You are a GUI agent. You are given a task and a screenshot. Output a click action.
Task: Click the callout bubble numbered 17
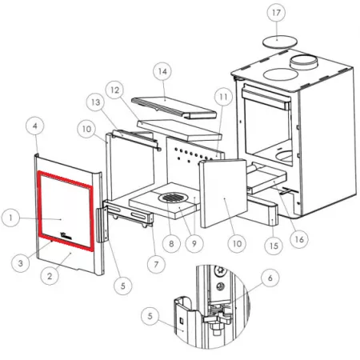(x=276, y=13)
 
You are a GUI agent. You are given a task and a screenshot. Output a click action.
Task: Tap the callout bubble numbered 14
(x=162, y=71)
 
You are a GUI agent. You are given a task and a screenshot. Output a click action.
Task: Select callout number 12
(x=115, y=90)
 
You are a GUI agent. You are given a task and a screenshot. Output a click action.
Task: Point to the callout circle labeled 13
(x=96, y=102)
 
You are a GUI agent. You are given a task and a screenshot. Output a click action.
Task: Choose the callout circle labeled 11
(x=223, y=97)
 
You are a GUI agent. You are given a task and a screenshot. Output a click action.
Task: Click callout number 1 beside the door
(x=10, y=218)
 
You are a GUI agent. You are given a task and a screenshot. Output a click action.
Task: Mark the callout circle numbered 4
(x=35, y=126)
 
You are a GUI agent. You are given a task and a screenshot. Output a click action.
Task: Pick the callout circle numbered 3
(x=21, y=263)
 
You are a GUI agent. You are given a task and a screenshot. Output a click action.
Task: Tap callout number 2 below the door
(x=50, y=276)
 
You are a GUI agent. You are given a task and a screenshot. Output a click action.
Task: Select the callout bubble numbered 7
(x=156, y=264)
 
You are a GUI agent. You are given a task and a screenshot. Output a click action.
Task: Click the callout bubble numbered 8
(x=171, y=243)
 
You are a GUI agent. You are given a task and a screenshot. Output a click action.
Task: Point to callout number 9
(x=194, y=243)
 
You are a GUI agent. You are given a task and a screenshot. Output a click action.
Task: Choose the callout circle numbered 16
(x=299, y=239)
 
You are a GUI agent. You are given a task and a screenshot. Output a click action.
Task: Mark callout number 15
(x=274, y=246)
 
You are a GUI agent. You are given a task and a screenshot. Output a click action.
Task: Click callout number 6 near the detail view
(x=270, y=278)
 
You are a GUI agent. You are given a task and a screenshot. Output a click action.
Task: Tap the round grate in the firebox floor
(x=174, y=198)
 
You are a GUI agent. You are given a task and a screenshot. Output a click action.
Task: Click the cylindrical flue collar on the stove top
(x=304, y=62)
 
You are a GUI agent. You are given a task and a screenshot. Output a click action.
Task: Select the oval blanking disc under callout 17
(x=280, y=42)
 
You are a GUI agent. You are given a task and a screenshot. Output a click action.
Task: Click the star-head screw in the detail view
(x=221, y=270)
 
